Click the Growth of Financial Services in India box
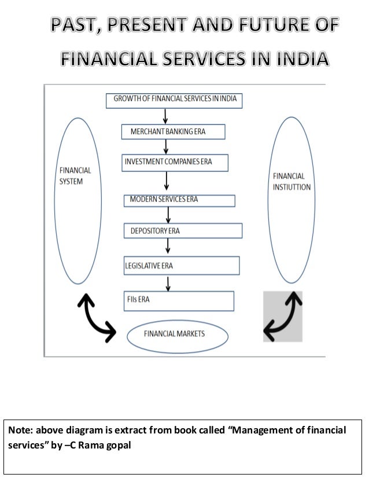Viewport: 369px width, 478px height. point(174,99)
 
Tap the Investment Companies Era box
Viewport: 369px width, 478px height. point(175,161)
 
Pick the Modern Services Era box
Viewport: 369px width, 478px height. point(179,200)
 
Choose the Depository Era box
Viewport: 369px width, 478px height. point(182,230)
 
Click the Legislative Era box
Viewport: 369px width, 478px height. point(182,266)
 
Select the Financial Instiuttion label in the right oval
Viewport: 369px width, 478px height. point(292,181)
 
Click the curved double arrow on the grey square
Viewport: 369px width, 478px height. point(282,317)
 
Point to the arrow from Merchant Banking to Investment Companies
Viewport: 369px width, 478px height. point(165,146)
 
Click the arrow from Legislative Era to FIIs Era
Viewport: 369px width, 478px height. point(168,283)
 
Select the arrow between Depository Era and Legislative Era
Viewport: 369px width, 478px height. point(168,247)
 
